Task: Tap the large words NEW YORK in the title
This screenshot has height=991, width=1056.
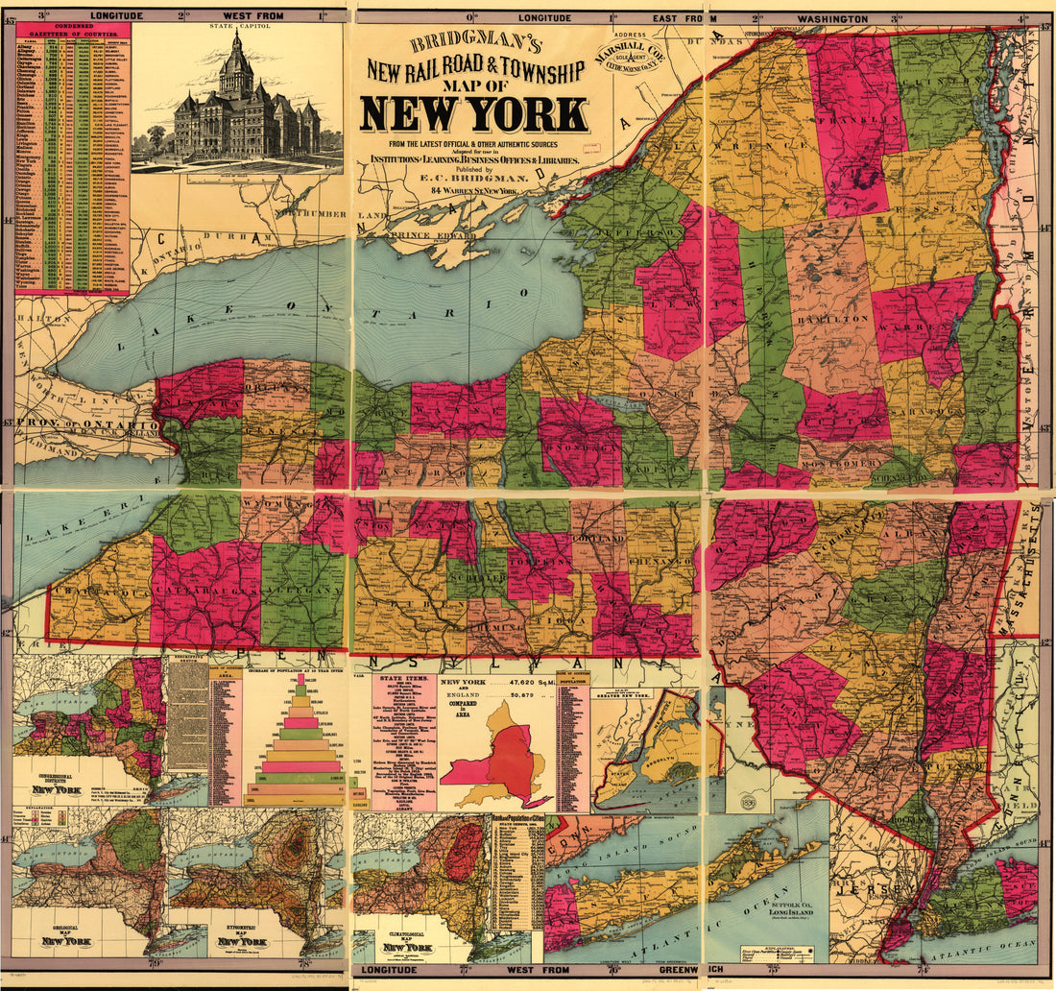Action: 474,114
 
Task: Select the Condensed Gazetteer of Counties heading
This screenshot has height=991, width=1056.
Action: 72,32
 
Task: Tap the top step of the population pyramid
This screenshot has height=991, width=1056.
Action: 299,678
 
